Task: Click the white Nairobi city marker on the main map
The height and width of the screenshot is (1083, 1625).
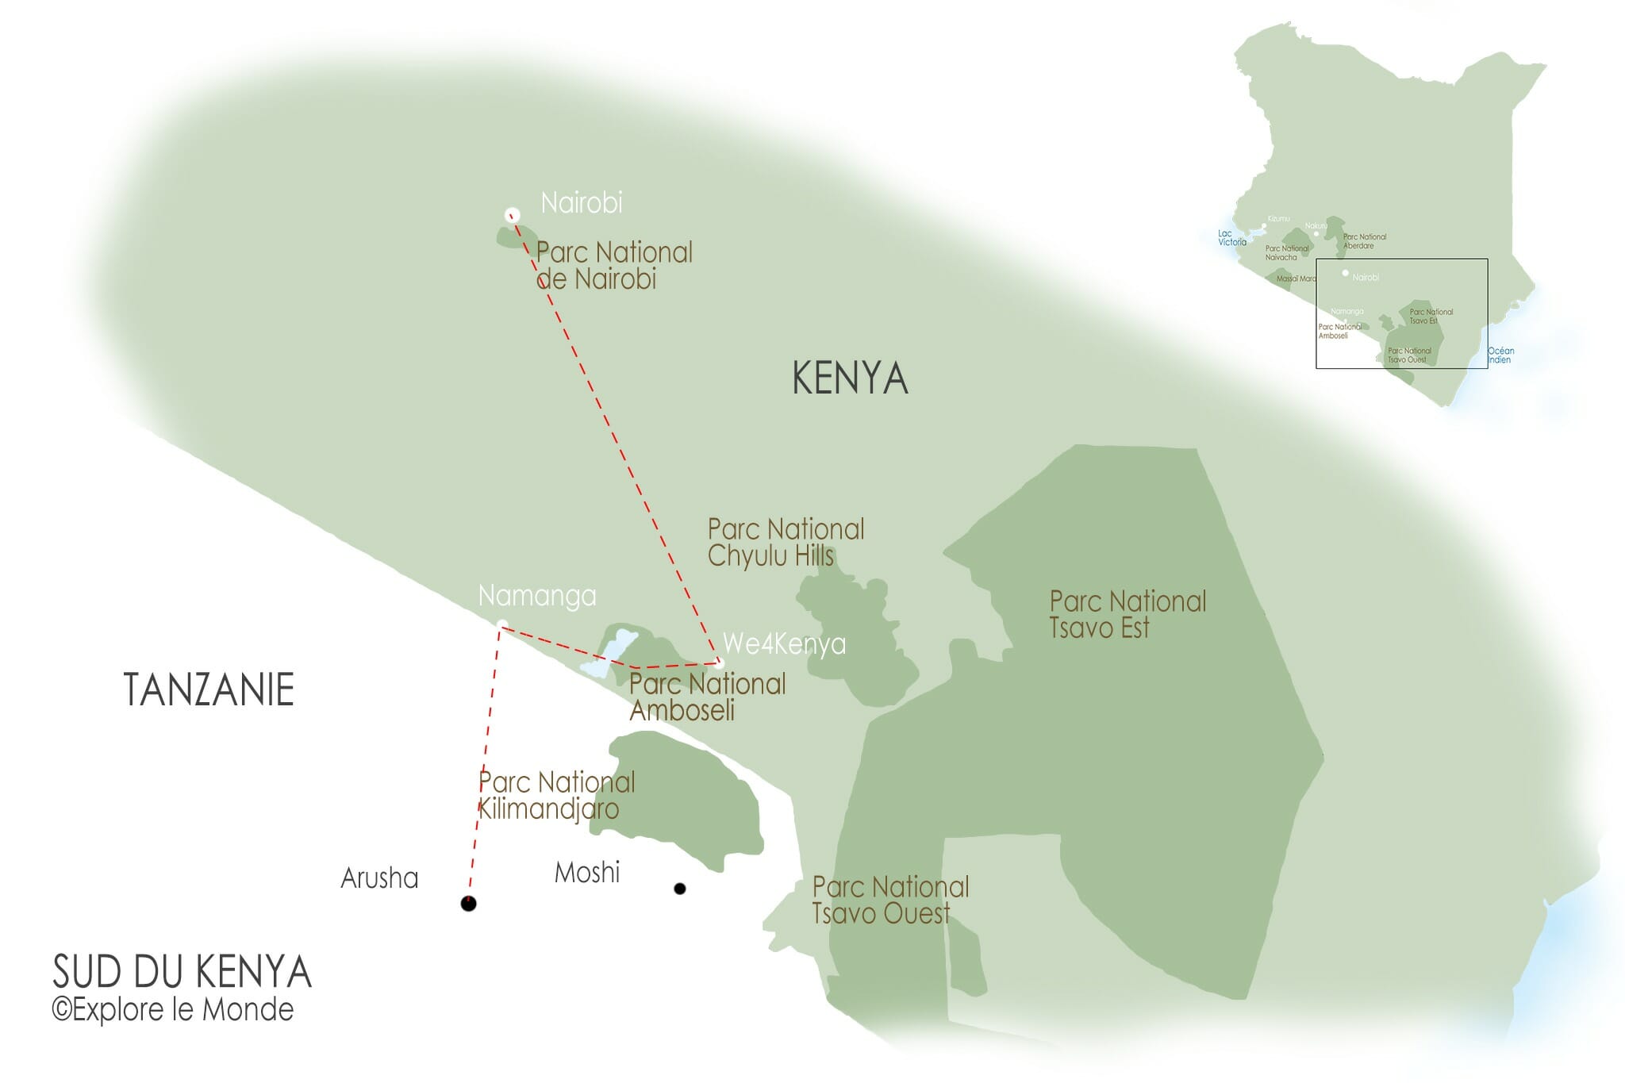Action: pyautogui.click(x=513, y=214)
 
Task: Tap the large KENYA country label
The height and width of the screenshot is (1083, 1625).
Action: pyautogui.click(x=849, y=378)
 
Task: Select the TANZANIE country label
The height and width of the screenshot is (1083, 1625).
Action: pyautogui.click(x=209, y=689)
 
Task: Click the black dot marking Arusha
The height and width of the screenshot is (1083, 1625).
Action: pyautogui.click(x=469, y=903)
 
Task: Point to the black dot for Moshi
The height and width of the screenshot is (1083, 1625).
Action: pyautogui.click(x=679, y=889)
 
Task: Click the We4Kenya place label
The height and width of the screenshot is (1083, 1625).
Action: pyautogui.click(x=784, y=643)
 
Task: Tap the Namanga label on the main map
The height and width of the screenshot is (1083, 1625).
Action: pyautogui.click(x=537, y=596)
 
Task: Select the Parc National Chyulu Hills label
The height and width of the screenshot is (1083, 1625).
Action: pyautogui.click(x=785, y=542)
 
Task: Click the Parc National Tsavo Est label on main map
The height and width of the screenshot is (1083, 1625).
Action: pyautogui.click(x=1127, y=614)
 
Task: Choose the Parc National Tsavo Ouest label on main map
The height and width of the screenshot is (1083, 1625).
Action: pyautogui.click(x=889, y=900)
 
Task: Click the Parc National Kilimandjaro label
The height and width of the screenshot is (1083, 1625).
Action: pyautogui.click(x=555, y=795)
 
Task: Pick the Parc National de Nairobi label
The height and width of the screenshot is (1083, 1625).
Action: pyautogui.click(x=613, y=266)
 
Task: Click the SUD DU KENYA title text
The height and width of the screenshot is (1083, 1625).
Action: pyautogui.click(x=182, y=972)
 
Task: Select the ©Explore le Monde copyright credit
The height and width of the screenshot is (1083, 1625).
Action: pyautogui.click(x=172, y=1010)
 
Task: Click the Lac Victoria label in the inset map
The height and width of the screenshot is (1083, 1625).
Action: pyautogui.click(x=1231, y=238)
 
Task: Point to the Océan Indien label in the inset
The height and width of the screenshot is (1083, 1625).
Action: pyautogui.click(x=1500, y=355)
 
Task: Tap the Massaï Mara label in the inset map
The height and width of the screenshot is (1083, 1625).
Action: pyautogui.click(x=1296, y=279)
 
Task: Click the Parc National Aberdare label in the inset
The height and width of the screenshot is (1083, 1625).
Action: pyautogui.click(x=1364, y=241)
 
